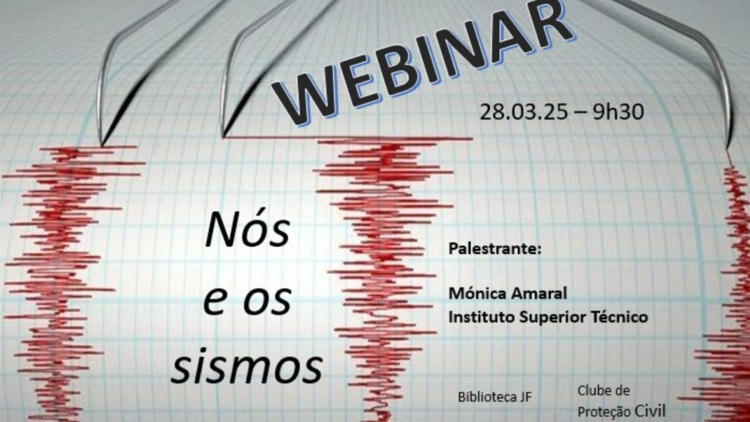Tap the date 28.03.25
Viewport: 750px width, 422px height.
(523, 111)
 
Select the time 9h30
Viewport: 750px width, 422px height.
(618, 111)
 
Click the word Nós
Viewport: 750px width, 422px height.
(247, 230)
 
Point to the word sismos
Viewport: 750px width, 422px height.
(247, 366)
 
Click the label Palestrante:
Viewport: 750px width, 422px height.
(495, 248)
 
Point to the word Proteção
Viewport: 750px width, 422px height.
(604, 411)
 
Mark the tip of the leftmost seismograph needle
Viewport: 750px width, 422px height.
(102, 144)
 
